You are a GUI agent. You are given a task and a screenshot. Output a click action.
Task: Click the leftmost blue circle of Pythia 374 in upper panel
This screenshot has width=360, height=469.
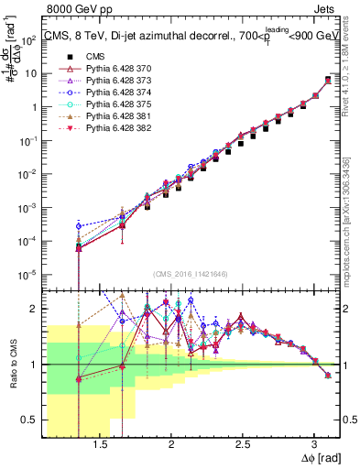pos(79,225)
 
